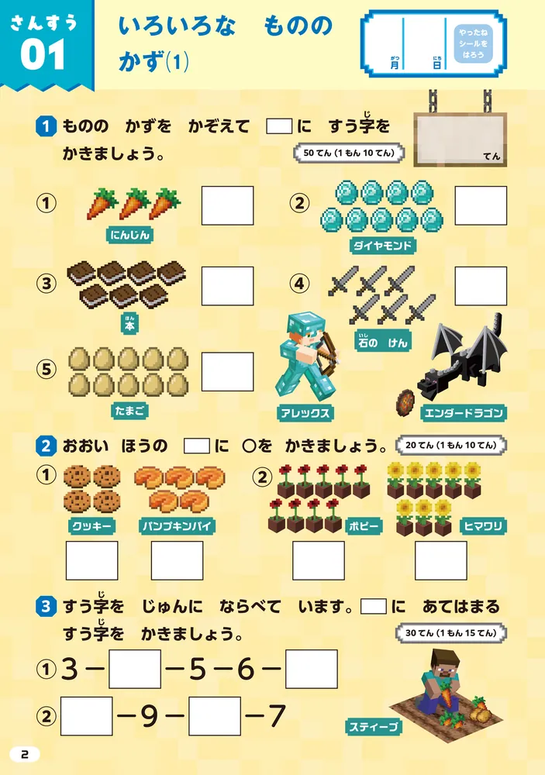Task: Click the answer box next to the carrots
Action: click(x=227, y=205)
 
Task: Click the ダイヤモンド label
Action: click(x=383, y=246)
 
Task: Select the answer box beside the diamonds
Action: click(x=480, y=205)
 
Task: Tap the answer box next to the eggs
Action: click(x=227, y=372)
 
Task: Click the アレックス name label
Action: click(x=304, y=413)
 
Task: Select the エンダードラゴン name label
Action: click(x=465, y=412)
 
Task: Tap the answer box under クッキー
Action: click(x=91, y=560)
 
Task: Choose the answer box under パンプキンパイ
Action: click(x=177, y=560)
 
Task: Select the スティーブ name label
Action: click(x=374, y=726)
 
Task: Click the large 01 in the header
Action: click(x=43, y=57)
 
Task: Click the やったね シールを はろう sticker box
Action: click(x=473, y=45)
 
